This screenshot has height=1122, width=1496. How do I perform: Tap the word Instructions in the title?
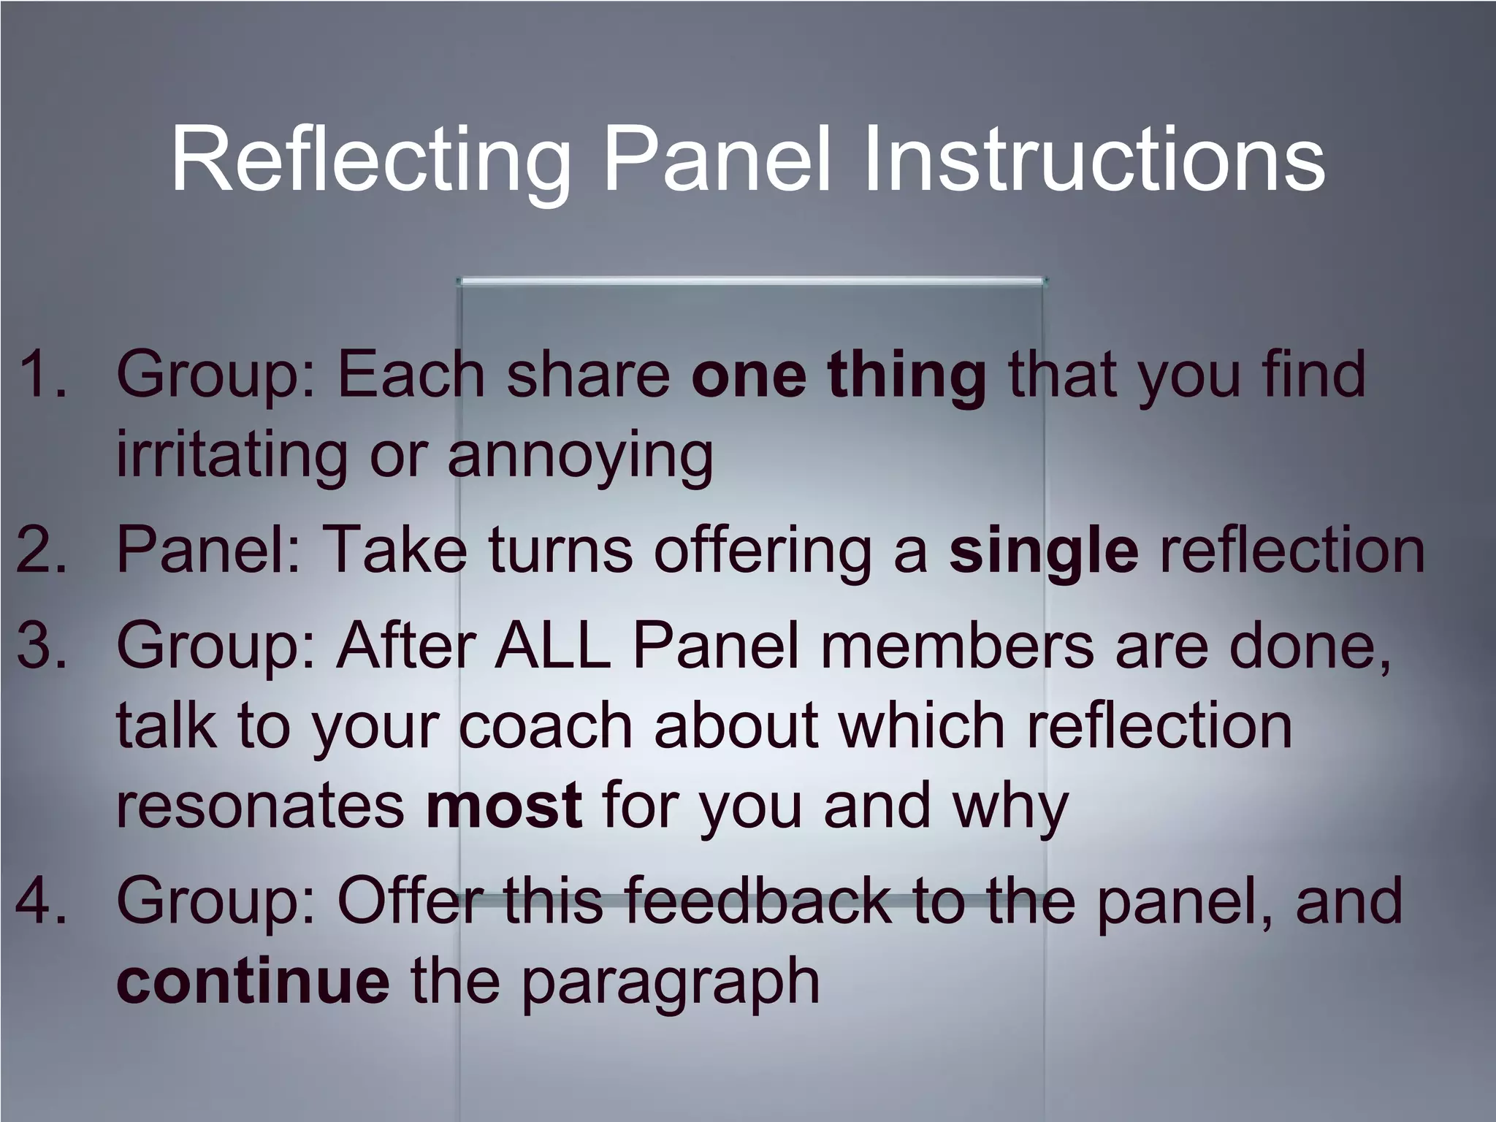(x=1094, y=159)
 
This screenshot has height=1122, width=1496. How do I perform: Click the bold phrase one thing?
(x=839, y=374)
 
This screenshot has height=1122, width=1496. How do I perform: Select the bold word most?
(x=504, y=805)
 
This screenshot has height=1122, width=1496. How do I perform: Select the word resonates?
(x=260, y=805)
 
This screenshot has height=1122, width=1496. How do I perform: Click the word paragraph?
(x=670, y=982)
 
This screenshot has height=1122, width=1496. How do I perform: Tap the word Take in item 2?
(x=394, y=549)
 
